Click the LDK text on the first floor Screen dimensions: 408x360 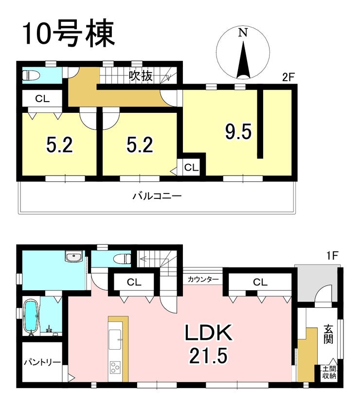209,335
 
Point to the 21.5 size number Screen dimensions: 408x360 209,358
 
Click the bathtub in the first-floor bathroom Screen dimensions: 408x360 32,317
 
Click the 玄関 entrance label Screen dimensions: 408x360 328,335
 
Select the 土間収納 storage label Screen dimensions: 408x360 329,373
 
